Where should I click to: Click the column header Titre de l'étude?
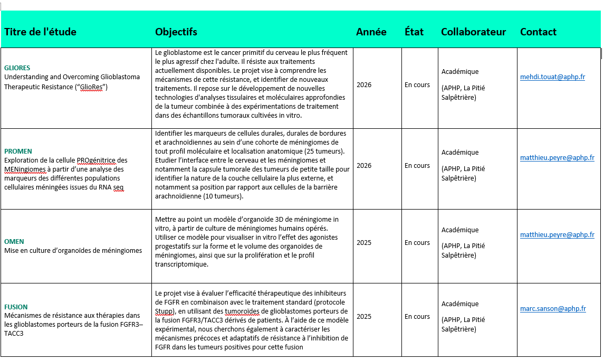[x=40, y=32]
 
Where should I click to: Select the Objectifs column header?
[x=176, y=32]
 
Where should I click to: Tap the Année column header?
[x=371, y=32]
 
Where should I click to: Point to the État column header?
[x=414, y=32]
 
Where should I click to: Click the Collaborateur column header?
[x=473, y=32]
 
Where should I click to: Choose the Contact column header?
[x=538, y=32]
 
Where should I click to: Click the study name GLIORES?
[x=17, y=68]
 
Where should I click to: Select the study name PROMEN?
[x=18, y=151]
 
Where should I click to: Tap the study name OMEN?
[x=14, y=242]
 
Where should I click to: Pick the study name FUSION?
[x=16, y=307]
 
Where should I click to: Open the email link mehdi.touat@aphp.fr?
[x=552, y=77]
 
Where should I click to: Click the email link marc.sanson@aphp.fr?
[x=553, y=309]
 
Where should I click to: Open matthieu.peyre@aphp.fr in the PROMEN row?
[x=557, y=158]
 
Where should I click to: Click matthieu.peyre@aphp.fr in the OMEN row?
[x=557, y=235]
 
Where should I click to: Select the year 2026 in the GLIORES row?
[x=364, y=84]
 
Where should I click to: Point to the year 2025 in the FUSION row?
[x=364, y=317]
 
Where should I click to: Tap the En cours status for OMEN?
[x=417, y=243]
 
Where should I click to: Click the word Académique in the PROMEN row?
[x=460, y=153]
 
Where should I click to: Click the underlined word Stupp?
[x=164, y=311]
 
